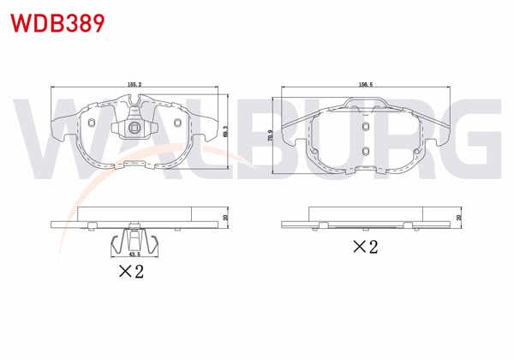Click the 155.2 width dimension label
pyautogui.click(x=134, y=84)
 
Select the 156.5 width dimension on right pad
pyautogui.click(x=367, y=84)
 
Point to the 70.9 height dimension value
pyautogui.click(x=272, y=137)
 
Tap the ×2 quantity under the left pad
pyautogui.click(x=131, y=274)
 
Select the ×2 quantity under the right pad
pyautogui.click(x=367, y=248)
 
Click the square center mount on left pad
pyautogui.click(x=134, y=129)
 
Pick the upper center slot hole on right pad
pyautogui.click(x=366, y=127)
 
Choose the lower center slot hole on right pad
pyautogui.click(x=366, y=153)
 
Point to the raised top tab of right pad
pyautogui.click(x=367, y=105)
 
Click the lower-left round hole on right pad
pyautogui.click(x=316, y=155)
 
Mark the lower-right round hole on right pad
pyautogui.click(x=416, y=155)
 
